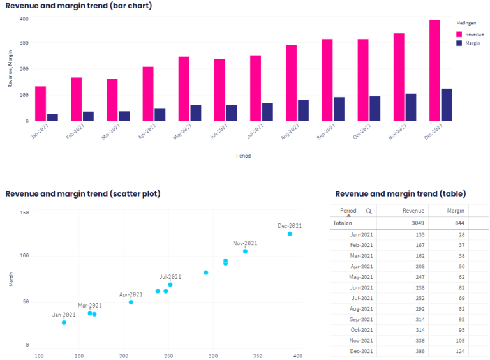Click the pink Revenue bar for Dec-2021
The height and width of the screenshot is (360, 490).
click(x=434, y=71)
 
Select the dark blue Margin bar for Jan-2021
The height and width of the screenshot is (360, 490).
click(x=52, y=117)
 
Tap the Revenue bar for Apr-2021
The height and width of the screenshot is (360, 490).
click(x=147, y=94)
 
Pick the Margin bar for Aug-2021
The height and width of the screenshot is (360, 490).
click(x=303, y=110)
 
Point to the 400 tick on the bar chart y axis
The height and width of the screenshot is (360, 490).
click(x=24, y=19)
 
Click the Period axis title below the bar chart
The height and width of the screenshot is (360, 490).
click(x=243, y=155)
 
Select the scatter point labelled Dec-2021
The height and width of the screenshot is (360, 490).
click(x=290, y=234)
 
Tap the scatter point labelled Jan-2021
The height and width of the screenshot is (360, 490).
click(x=64, y=322)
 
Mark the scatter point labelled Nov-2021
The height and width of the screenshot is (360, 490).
click(x=245, y=251)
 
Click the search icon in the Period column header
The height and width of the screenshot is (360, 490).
click(x=368, y=211)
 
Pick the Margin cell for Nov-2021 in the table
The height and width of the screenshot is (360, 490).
click(x=459, y=341)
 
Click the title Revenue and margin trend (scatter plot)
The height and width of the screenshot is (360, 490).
click(x=83, y=193)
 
